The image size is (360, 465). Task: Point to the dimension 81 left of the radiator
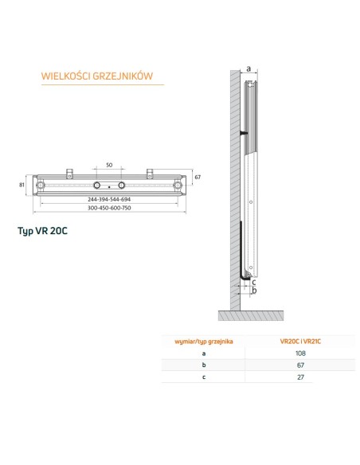tap(23, 186)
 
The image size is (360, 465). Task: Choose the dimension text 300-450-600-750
tap(109, 207)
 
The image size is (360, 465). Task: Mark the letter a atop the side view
tap(248, 69)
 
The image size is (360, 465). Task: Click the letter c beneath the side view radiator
tap(254, 281)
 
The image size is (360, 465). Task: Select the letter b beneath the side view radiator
tap(253, 291)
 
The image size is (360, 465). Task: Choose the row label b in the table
tap(204, 365)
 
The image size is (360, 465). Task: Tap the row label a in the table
tap(204, 353)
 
